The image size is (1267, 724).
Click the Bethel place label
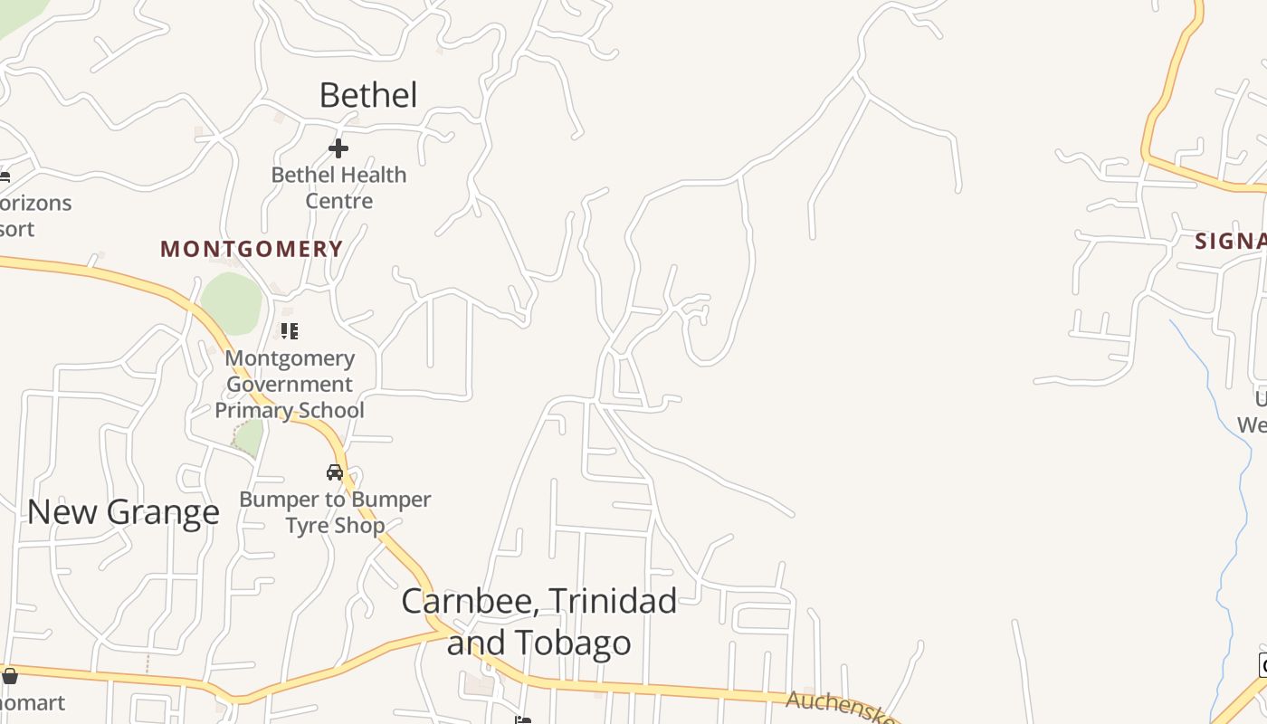[368, 95]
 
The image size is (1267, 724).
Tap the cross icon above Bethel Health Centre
[338, 148]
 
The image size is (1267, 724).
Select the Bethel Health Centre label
[339, 187]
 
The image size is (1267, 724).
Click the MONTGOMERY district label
[252, 249]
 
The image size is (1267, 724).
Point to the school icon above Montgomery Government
[290, 331]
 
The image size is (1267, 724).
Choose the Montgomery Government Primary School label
[290, 384]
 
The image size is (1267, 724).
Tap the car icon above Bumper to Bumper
[335, 472]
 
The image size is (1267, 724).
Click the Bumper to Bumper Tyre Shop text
[335, 512]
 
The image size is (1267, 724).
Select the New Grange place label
[123, 512]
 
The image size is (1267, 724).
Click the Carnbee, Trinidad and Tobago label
[539, 621]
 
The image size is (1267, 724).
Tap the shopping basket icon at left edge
[10, 676]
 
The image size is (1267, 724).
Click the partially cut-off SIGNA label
[1230, 242]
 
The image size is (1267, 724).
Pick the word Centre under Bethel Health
[339, 200]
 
